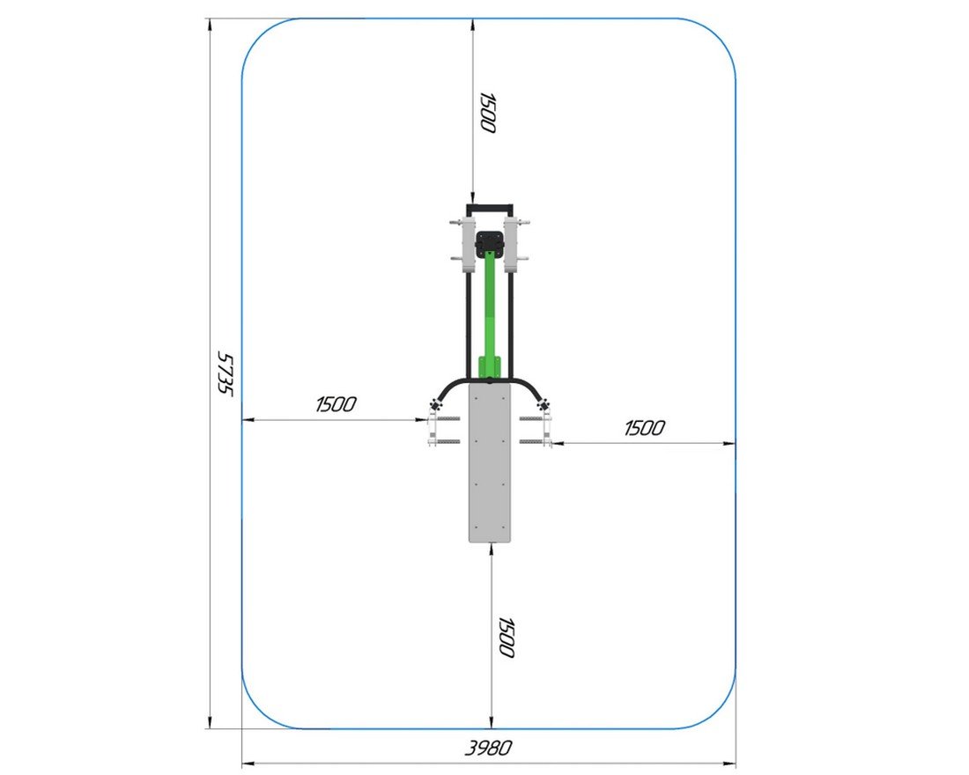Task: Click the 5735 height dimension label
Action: [226, 373]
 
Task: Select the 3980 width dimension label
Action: [488, 748]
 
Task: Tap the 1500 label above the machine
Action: [488, 113]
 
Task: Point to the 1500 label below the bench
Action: [507, 638]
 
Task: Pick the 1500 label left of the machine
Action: [336, 404]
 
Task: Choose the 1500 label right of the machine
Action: [645, 428]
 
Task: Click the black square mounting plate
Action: [490, 244]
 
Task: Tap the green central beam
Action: [490, 309]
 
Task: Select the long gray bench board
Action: [490, 461]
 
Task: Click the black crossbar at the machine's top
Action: [490, 206]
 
